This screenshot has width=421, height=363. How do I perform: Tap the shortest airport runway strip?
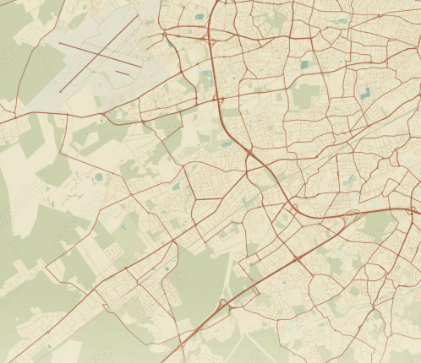click(123, 73)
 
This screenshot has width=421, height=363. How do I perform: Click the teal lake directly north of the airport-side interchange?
click(200, 15)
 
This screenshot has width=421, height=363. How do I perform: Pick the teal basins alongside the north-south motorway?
click(205, 80)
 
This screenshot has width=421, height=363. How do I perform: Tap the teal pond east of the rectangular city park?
click(365, 95)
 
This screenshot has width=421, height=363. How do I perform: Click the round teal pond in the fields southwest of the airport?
click(98, 177)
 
